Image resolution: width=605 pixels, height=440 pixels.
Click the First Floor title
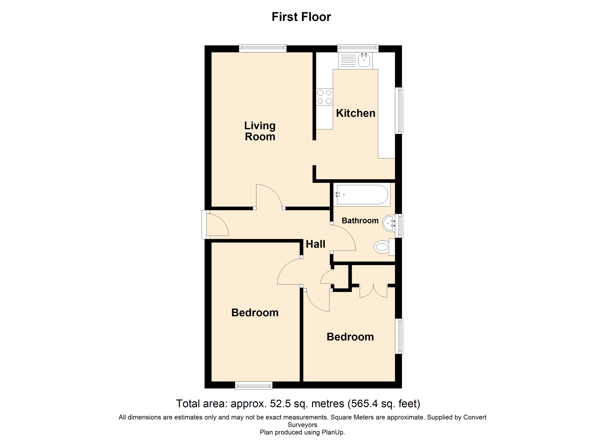coord(301,17)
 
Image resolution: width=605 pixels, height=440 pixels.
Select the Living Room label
coord(260,131)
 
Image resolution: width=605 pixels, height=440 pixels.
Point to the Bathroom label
coord(360,221)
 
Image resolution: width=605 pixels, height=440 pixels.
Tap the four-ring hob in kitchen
coord(324,97)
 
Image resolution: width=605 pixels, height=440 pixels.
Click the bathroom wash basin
coord(388,223)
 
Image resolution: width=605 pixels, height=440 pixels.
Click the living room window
coord(263,48)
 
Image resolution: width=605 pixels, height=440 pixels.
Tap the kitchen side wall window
coord(399,111)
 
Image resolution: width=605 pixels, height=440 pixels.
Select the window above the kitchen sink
coord(358,48)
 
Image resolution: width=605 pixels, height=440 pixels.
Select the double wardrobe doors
coord(373,291)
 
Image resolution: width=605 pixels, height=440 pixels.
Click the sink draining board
coord(348,60)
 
